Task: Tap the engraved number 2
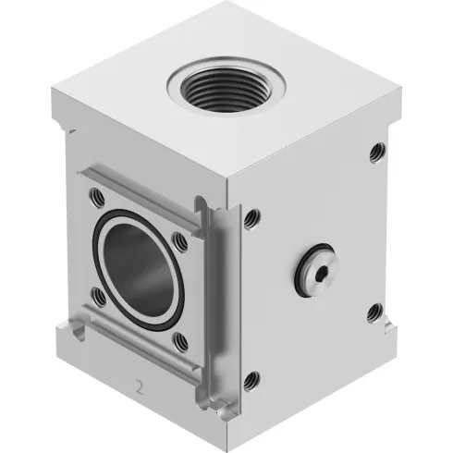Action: tap(139, 386)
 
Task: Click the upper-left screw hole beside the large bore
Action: tap(96, 196)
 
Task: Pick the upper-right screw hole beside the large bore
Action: tap(180, 242)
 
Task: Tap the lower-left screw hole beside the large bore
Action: tap(97, 296)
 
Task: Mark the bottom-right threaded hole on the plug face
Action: tap(373, 313)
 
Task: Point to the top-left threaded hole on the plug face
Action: tap(251, 218)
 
